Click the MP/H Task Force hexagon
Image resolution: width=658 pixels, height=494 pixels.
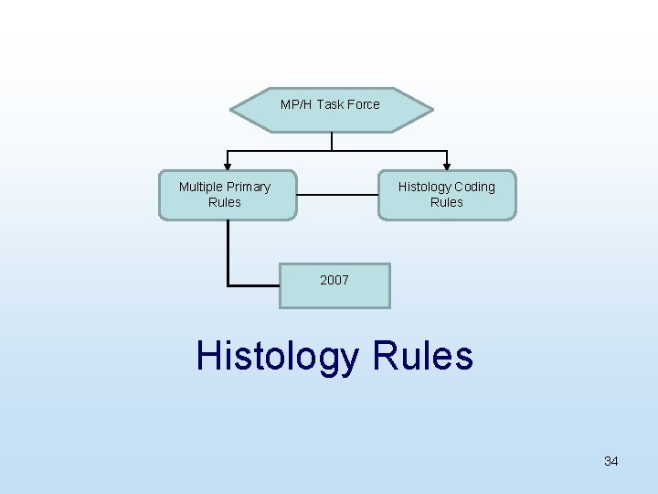click(331, 111)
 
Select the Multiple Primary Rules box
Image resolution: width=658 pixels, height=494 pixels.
click(228, 195)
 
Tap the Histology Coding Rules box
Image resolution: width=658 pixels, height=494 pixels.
click(447, 195)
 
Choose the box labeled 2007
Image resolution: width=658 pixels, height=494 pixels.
click(334, 285)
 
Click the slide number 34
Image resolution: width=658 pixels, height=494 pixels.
click(610, 461)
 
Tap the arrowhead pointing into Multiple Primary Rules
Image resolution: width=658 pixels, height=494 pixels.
click(228, 166)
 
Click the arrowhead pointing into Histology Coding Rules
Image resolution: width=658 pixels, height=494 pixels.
click(447, 166)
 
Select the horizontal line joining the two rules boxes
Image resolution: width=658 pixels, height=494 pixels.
click(337, 194)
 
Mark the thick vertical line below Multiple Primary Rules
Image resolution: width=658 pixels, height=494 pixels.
click(228, 252)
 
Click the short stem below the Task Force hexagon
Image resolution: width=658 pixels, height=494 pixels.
click(332, 141)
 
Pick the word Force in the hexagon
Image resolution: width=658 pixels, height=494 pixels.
click(363, 104)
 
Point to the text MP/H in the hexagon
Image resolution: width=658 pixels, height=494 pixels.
click(296, 104)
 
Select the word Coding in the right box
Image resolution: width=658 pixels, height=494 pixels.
click(474, 187)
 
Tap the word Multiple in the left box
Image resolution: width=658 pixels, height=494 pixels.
click(200, 187)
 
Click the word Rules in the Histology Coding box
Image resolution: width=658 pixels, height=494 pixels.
click(447, 202)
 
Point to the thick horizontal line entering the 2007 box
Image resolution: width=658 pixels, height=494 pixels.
click(253, 285)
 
